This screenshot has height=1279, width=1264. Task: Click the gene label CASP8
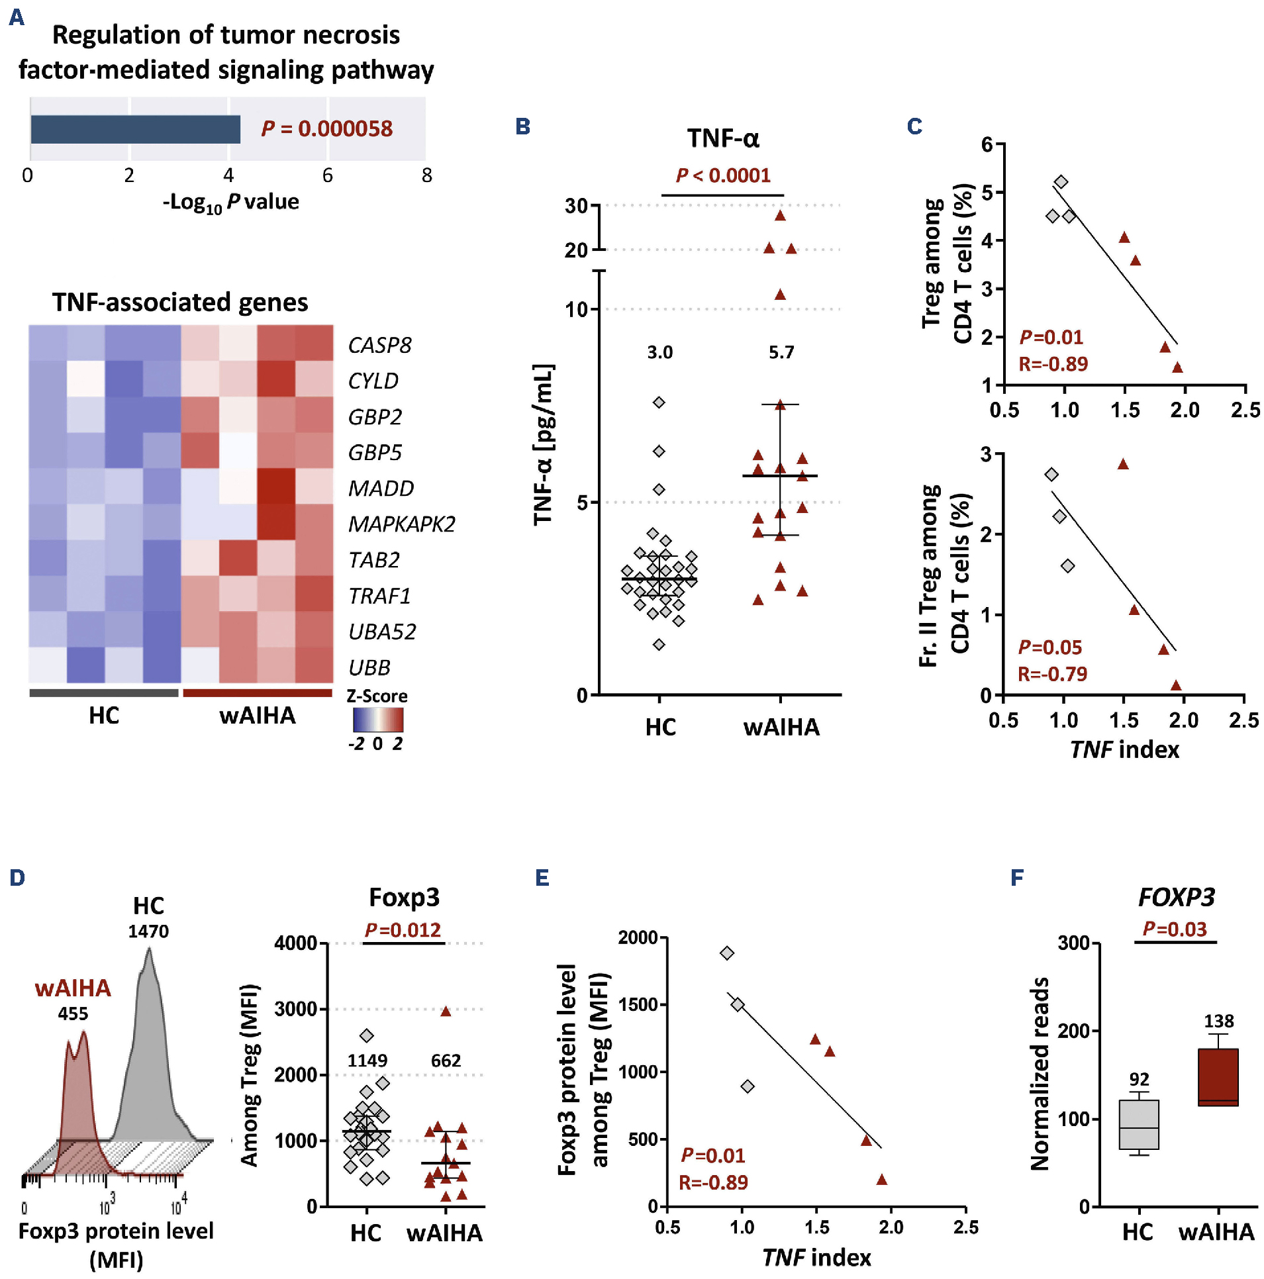pyautogui.click(x=379, y=345)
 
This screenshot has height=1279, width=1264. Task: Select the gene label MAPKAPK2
pyautogui.click(x=402, y=524)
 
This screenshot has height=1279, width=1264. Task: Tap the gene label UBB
pyautogui.click(x=369, y=667)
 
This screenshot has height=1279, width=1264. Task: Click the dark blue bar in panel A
pyautogui.click(x=135, y=129)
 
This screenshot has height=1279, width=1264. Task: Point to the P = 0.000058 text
pyautogui.click(x=327, y=128)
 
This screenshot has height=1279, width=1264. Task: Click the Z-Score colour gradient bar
pyautogui.click(x=378, y=720)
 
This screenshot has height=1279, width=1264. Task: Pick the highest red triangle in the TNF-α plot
pyautogui.click(x=780, y=216)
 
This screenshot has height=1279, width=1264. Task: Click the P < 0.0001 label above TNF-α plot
pyautogui.click(x=723, y=175)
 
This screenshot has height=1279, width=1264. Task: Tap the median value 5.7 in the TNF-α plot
pyautogui.click(x=781, y=352)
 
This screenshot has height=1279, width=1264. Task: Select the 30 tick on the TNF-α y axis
pyautogui.click(x=577, y=206)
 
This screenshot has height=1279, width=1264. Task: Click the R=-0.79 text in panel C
pyautogui.click(x=1053, y=674)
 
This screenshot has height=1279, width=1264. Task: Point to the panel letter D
pyautogui.click(x=17, y=878)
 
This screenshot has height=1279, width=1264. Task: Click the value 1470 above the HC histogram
pyautogui.click(x=148, y=931)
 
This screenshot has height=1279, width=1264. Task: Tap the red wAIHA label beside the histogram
pyautogui.click(x=73, y=988)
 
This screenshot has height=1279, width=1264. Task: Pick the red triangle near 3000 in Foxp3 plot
pyautogui.click(x=446, y=1012)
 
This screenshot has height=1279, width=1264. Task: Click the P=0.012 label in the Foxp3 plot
pyautogui.click(x=403, y=930)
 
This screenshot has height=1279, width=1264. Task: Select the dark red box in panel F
pyautogui.click(x=1218, y=1077)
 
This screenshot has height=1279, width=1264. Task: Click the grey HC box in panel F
pyautogui.click(x=1139, y=1125)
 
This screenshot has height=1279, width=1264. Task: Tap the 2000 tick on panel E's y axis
pyautogui.click(x=638, y=937)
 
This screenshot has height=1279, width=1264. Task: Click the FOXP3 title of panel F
pyautogui.click(x=1177, y=898)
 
